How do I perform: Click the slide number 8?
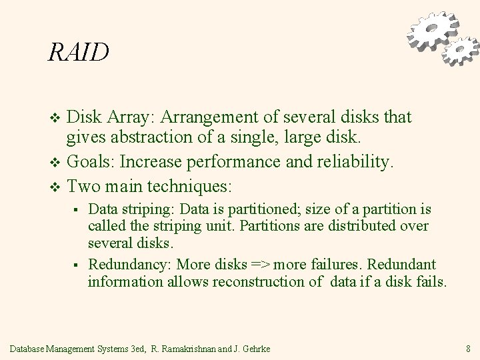pyautogui.click(x=468, y=347)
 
